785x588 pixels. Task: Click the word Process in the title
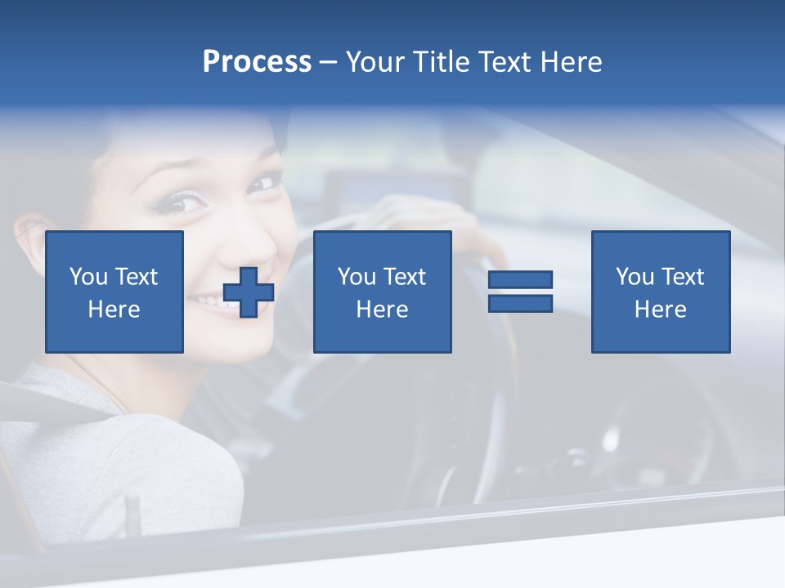(x=257, y=62)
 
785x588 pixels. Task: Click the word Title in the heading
(x=440, y=62)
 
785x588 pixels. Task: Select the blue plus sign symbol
(x=249, y=292)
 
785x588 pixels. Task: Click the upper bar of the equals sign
(x=520, y=280)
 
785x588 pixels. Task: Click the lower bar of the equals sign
(x=520, y=303)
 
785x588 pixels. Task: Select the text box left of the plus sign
(x=114, y=292)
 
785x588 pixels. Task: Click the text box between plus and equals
(x=382, y=292)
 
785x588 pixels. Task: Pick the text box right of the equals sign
(x=661, y=292)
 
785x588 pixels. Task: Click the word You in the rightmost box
(x=635, y=277)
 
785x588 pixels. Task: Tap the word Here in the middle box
(x=382, y=310)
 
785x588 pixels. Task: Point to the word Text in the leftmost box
(x=136, y=277)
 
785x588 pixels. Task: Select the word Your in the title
(x=375, y=62)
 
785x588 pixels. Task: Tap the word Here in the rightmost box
(x=661, y=310)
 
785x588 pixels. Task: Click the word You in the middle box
(x=357, y=277)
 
